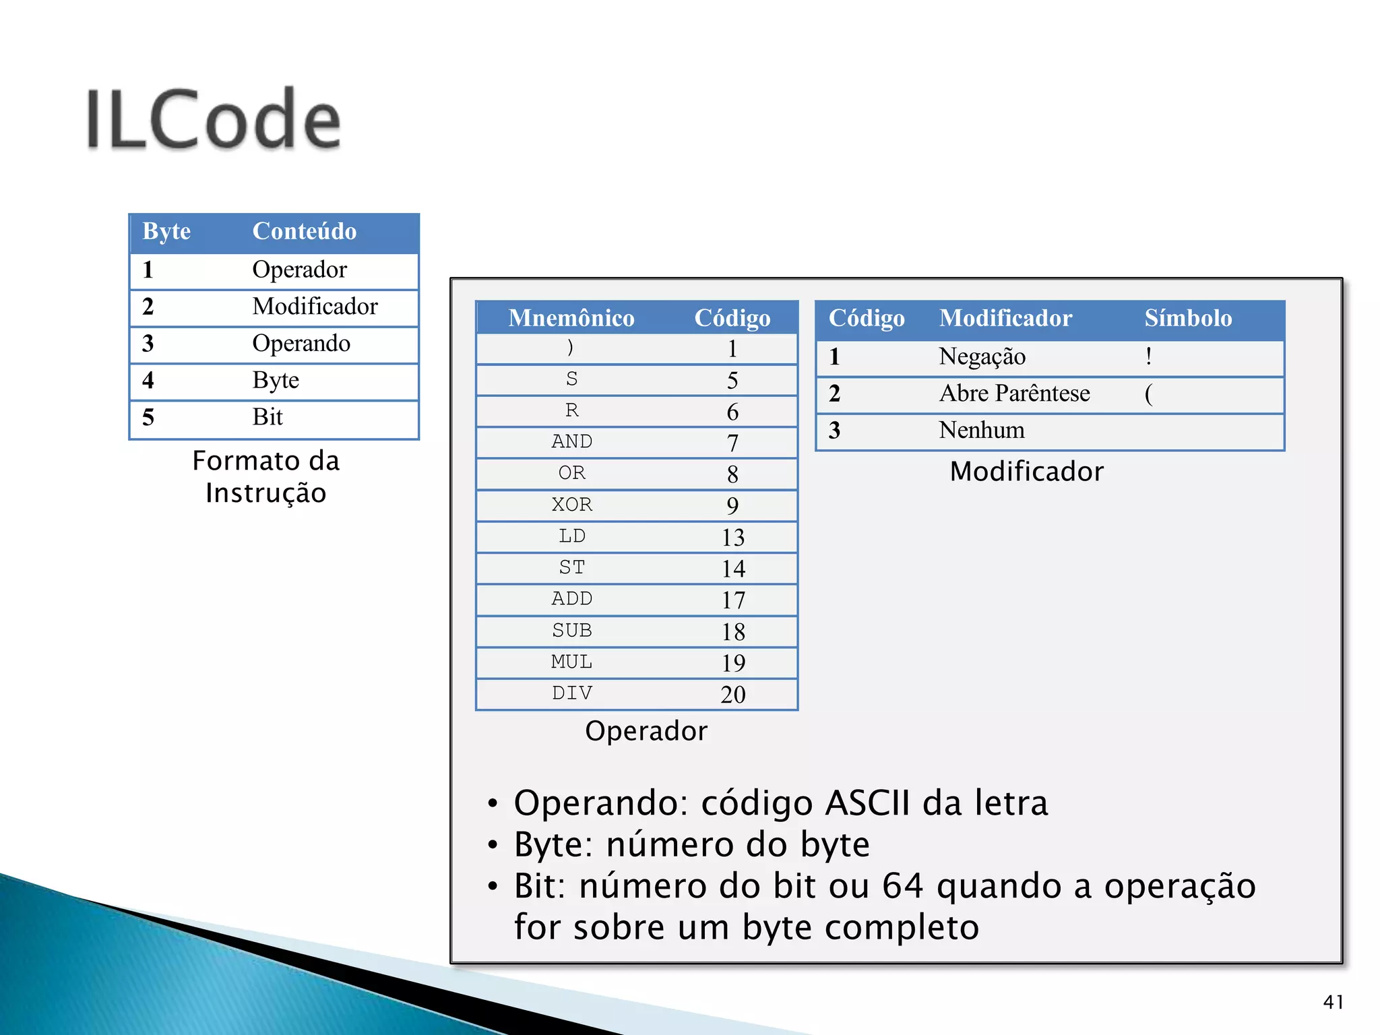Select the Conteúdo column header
pyautogui.click(x=304, y=231)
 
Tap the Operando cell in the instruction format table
pyautogui.click(x=301, y=343)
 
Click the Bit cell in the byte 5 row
pyautogui.click(x=267, y=417)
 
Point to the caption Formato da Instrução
pyautogui.click(x=266, y=476)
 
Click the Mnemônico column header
pyautogui.click(x=571, y=318)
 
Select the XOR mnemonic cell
pyautogui.click(x=571, y=505)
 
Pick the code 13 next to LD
pyautogui.click(x=732, y=537)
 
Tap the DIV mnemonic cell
pyautogui.click(x=571, y=693)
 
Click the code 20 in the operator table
pyautogui.click(x=732, y=694)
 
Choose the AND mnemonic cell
pyautogui.click(x=571, y=441)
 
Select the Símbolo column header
pyautogui.click(x=1187, y=318)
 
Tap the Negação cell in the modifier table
pyautogui.click(x=981, y=356)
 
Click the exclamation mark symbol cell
pyautogui.click(x=1148, y=356)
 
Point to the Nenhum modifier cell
pyautogui.click(x=981, y=430)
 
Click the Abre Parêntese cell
pyautogui.click(x=1013, y=394)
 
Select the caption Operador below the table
pyautogui.click(x=646, y=731)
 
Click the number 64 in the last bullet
pyautogui.click(x=902, y=885)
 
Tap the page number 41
pyautogui.click(x=1332, y=1002)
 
